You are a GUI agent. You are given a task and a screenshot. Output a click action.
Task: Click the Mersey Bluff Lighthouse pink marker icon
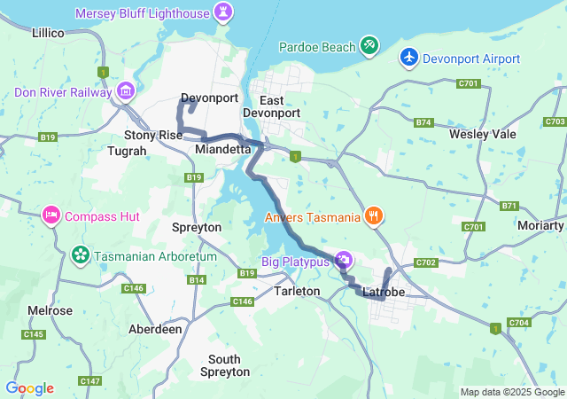click(x=224, y=13)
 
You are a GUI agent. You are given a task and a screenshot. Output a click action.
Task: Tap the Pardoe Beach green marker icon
click(x=369, y=45)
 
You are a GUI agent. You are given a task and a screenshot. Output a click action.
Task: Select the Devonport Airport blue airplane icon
click(x=408, y=57)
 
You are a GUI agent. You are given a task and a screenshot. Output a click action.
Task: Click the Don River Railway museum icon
click(x=126, y=91)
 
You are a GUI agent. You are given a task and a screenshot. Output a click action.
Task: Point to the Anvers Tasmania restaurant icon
click(x=374, y=215)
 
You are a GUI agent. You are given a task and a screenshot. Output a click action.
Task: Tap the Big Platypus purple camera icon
click(x=345, y=261)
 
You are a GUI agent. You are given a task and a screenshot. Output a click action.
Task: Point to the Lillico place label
click(x=48, y=32)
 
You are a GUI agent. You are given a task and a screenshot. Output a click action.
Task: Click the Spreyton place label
click(x=196, y=227)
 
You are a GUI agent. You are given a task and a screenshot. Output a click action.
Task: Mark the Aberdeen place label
click(x=155, y=328)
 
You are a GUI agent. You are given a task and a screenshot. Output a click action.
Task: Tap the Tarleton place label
click(x=297, y=291)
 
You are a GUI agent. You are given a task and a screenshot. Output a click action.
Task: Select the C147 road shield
click(x=89, y=380)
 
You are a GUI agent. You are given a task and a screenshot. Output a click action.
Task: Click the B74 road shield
click(x=423, y=122)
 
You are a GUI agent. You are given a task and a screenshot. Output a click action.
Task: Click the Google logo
click(x=29, y=388)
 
